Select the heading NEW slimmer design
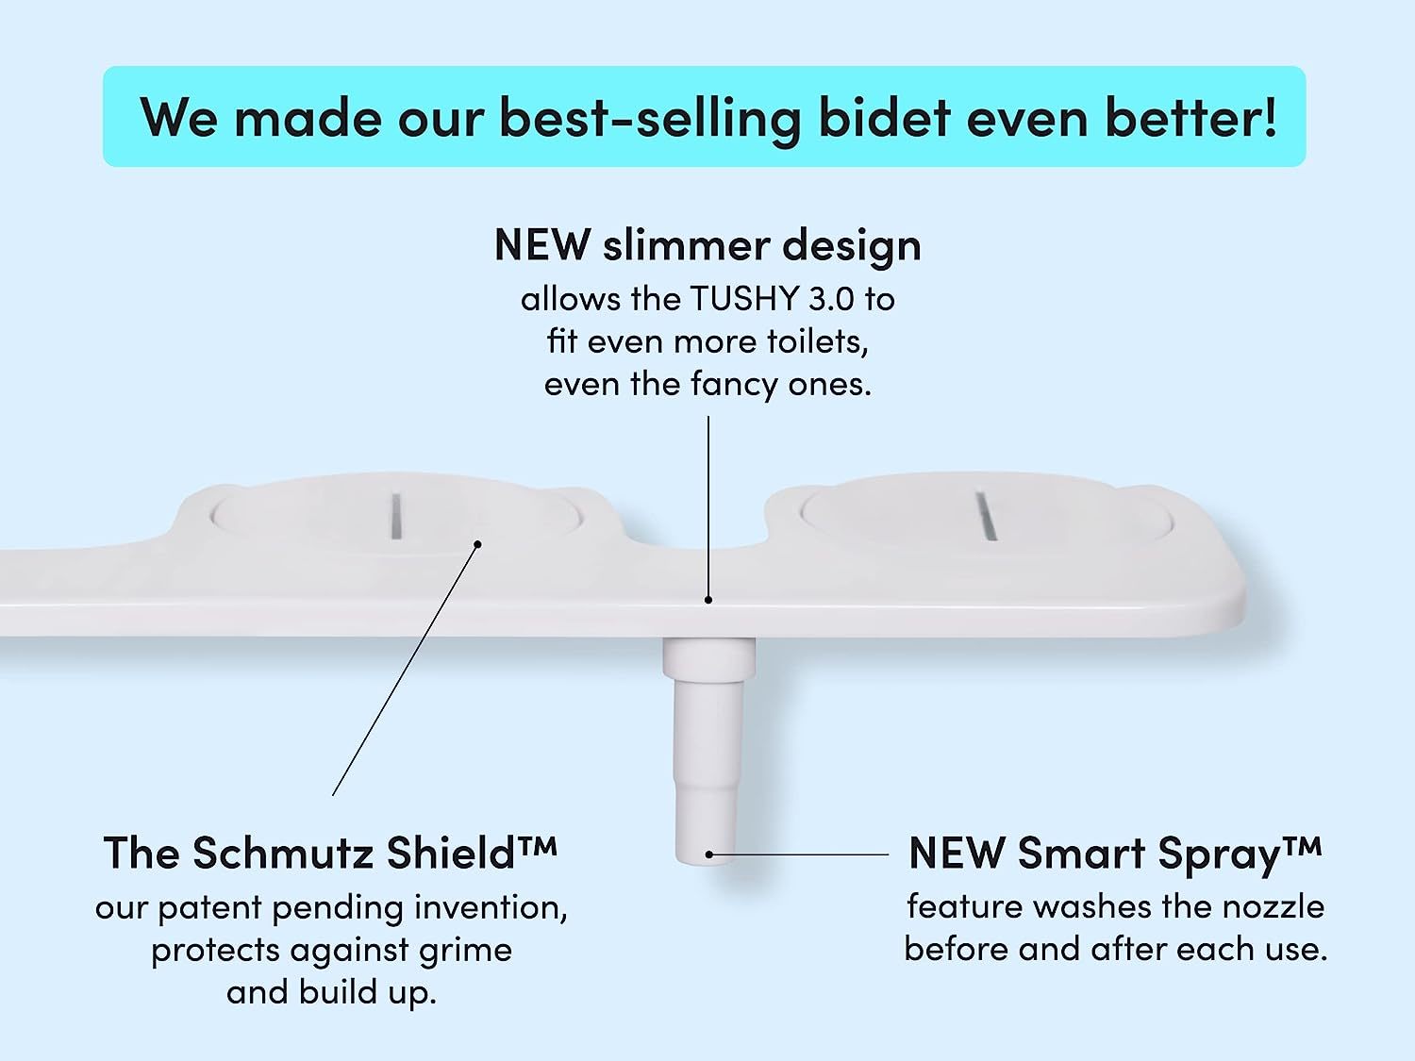point(707,245)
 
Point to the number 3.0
point(832,298)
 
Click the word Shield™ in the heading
point(472,853)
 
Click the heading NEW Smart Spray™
point(1115,854)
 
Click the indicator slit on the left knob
point(396,515)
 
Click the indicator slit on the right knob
point(987,515)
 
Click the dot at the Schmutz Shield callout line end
point(477,544)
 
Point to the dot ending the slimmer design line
point(707,600)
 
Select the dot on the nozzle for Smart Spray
point(708,854)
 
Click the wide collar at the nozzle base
point(708,658)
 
